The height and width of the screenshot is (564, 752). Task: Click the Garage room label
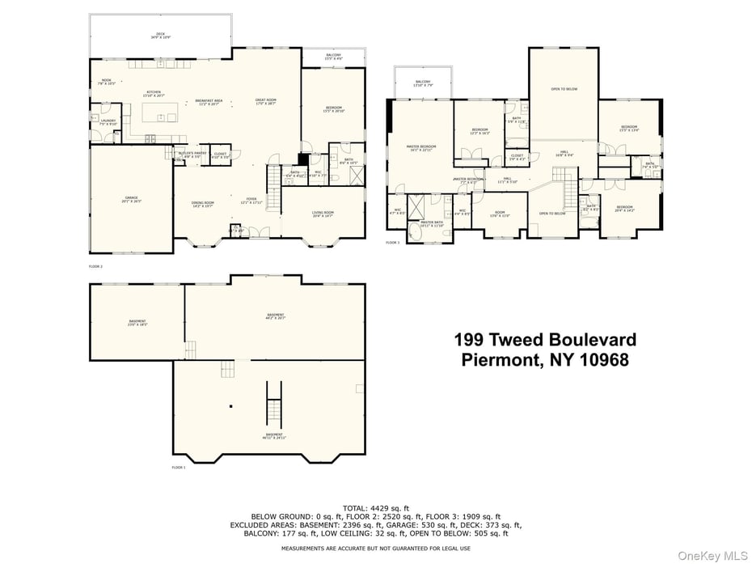(x=131, y=198)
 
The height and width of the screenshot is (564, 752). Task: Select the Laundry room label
(x=108, y=122)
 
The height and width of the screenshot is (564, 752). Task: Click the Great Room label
(x=266, y=101)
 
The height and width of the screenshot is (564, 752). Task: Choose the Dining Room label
(x=202, y=204)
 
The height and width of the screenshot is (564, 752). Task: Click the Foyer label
(x=253, y=201)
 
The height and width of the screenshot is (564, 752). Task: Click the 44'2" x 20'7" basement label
(x=276, y=316)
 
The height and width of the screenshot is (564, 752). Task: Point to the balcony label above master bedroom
(x=423, y=83)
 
